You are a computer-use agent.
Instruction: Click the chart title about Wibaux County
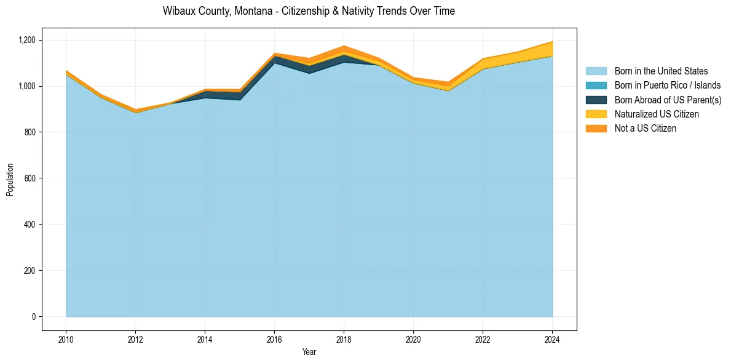309,11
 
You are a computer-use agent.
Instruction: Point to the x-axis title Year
309,352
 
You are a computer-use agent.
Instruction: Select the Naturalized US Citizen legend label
657,114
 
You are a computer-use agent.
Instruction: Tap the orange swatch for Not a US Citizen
596,129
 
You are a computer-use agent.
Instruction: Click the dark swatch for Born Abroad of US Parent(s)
596,100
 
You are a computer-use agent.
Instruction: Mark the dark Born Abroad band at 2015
239,96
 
